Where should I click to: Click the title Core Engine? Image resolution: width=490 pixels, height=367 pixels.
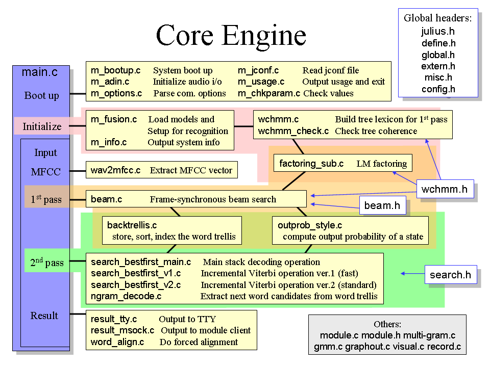tap(231, 35)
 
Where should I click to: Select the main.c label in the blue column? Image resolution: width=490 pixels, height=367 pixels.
tap(39, 72)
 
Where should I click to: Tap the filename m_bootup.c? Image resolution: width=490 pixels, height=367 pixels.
tap(116, 70)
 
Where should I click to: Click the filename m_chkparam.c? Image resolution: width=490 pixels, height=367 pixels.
tap(269, 93)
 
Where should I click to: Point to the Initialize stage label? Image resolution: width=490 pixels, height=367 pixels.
tap(42, 126)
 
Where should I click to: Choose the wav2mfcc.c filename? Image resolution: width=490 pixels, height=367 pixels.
tap(115, 170)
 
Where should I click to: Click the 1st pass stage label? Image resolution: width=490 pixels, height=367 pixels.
tap(46, 199)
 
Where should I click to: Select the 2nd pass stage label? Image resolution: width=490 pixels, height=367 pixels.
tap(47, 263)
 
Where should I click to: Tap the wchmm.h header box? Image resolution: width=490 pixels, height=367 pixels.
tap(445, 189)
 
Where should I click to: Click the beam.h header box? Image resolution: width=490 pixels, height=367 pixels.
tap(382, 205)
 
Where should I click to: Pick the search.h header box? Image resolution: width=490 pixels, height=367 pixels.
tap(450, 275)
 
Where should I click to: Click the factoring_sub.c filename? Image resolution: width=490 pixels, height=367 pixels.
tap(311, 164)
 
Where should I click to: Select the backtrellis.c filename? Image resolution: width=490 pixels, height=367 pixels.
tap(132, 225)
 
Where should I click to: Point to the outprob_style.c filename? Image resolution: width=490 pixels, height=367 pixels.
tap(310, 225)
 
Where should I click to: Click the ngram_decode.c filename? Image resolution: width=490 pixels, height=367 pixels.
tap(126, 296)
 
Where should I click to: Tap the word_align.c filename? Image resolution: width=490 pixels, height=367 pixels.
tap(117, 342)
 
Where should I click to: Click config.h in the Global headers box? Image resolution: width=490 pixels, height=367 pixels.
tap(438, 89)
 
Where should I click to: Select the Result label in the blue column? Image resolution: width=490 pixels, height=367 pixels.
tap(44, 316)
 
